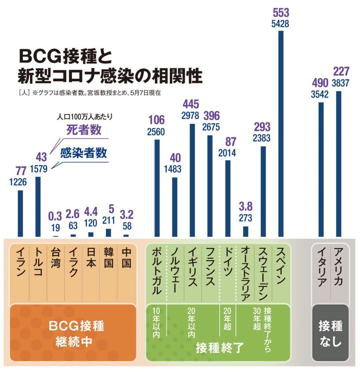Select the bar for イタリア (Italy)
pyautogui.click(x=321, y=169)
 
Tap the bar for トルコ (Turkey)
pyautogui.click(x=38, y=207)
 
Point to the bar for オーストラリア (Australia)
pyautogui.click(x=246, y=231)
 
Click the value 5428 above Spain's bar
pyautogui.click(x=281, y=24)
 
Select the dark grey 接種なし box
pyautogui.click(x=330, y=333)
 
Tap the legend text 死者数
pyautogui.click(x=84, y=131)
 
